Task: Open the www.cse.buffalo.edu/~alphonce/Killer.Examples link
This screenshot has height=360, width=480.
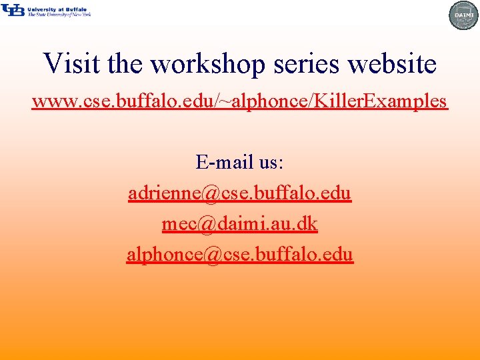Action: click(x=240, y=101)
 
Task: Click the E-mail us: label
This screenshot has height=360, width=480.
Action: click(x=240, y=162)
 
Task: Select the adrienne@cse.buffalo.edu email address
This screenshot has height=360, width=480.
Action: click(x=240, y=193)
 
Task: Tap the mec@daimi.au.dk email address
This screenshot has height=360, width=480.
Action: click(x=240, y=224)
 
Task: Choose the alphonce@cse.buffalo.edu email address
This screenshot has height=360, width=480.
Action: click(x=240, y=255)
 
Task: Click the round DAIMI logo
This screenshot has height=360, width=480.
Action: click(x=463, y=15)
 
